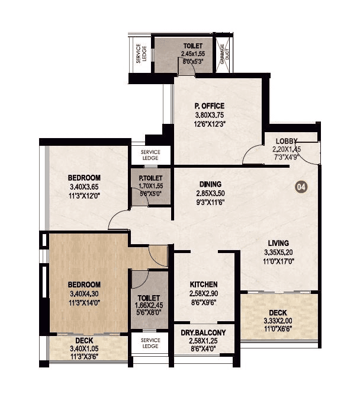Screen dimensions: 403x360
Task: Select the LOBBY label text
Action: coord(287,141)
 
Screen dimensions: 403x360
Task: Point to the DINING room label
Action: coord(210,184)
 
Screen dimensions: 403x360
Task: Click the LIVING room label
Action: coord(277,243)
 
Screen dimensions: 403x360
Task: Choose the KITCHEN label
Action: coord(203,284)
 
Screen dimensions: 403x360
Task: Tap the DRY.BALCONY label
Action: coord(203,333)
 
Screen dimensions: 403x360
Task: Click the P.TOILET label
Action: coord(151,178)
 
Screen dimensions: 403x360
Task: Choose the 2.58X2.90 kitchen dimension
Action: coord(203,293)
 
